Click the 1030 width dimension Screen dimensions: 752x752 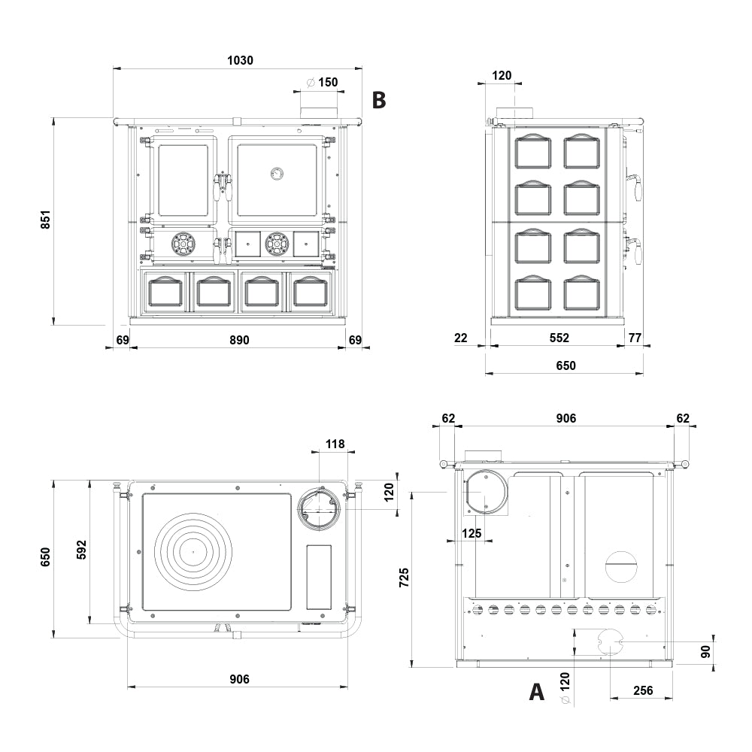(x=240, y=60)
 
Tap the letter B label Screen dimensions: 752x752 (x=379, y=100)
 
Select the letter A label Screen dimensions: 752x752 (x=537, y=692)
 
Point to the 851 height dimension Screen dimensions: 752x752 (x=46, y=219)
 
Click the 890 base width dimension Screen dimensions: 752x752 (x=239, y=340)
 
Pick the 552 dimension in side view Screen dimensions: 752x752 (x=559, y=338)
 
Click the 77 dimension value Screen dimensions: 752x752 (x=635, y=338)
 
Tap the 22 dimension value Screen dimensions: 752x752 (x=460, y=338)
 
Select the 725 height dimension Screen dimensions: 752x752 (x=405, y=578)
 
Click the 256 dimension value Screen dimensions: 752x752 (x=643, y=690)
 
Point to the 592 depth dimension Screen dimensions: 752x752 (x=82, y=550)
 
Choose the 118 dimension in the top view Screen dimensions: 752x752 (x=335, y=444)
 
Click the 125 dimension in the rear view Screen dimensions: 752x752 (x=472, y=533)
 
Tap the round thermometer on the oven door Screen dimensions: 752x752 (x=277, y=173)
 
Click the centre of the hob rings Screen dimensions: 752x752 (x=193, y=552)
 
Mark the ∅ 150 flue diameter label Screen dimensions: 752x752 (x=323, y=82)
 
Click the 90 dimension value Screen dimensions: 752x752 (x=705, y=651)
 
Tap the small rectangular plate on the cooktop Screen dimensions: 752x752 (x=319, y=577)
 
